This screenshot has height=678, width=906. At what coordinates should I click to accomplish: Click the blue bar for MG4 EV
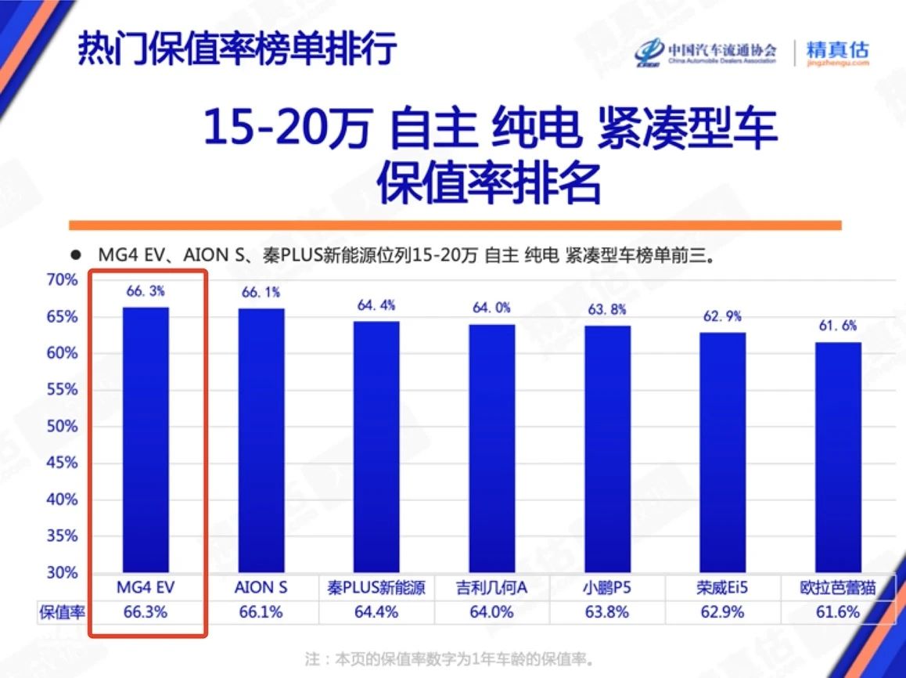click(x=146, y=439)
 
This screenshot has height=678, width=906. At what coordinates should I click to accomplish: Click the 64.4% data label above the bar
click(x=376, y=305)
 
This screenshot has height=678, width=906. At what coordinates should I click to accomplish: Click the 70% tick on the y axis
click(x=62, y=280)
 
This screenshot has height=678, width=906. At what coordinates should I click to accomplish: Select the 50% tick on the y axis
click(x=62, y=427)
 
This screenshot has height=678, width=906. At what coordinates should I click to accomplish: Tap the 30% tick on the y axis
click(x=62, y=572)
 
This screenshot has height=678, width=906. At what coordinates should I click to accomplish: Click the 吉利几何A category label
click(x=491, y=588)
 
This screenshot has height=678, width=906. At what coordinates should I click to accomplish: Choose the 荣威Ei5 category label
click(x=722, y=588)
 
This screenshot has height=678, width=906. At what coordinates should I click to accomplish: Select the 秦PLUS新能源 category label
click(x=376, y=588)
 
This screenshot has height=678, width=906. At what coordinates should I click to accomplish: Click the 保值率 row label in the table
click(x=62, y=612)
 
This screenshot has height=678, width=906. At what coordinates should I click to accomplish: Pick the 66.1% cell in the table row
click(x=261, y=612)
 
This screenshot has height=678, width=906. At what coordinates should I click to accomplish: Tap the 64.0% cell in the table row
click(x=491, y=612)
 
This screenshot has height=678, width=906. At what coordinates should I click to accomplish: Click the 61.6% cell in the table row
click(x=838, y=612)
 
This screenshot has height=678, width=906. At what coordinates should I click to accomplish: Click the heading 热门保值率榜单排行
click(x=237, y=49)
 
